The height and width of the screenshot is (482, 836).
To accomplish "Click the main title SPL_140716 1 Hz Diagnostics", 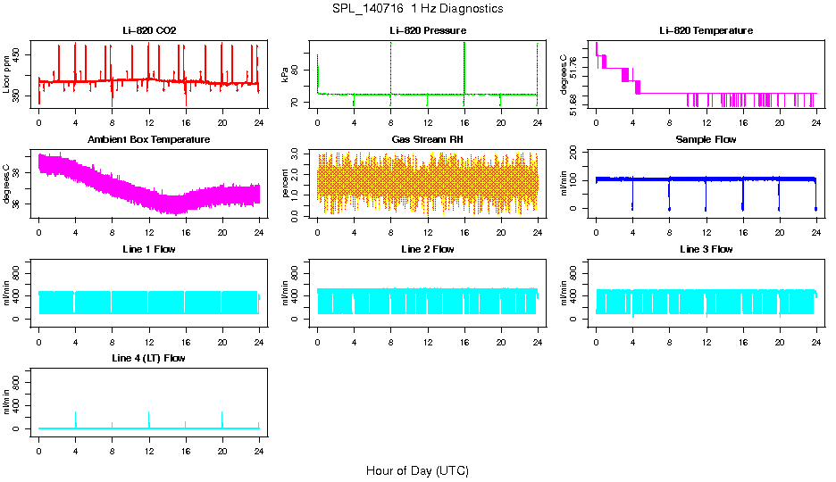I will click(x=417, y=9).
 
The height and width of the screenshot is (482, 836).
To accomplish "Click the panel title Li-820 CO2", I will click(x=149, y=31).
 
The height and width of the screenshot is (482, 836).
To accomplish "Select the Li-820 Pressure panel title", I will click(x=427, y=31).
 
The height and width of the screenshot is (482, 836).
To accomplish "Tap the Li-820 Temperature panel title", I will click(x=706, y=31).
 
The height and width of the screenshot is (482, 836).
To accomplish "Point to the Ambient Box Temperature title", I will click(x=149, y=140).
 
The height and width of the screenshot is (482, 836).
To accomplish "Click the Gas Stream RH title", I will click(x=427, y=140).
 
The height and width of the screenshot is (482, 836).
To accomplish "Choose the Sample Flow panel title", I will click(x=706, y=140).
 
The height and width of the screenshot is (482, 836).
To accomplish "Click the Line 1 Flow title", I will click(x=149, y=249).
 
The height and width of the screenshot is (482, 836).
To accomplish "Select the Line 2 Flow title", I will click(x=427, y=249).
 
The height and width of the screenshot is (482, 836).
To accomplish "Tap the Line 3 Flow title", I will click(x=706, y=249).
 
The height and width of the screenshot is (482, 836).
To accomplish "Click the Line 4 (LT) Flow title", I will click(x=149, y=358).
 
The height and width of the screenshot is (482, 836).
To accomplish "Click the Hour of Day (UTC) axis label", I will click(x=417, y=470).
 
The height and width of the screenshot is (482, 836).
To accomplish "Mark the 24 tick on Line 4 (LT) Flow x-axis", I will click(x=259, y=445).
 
